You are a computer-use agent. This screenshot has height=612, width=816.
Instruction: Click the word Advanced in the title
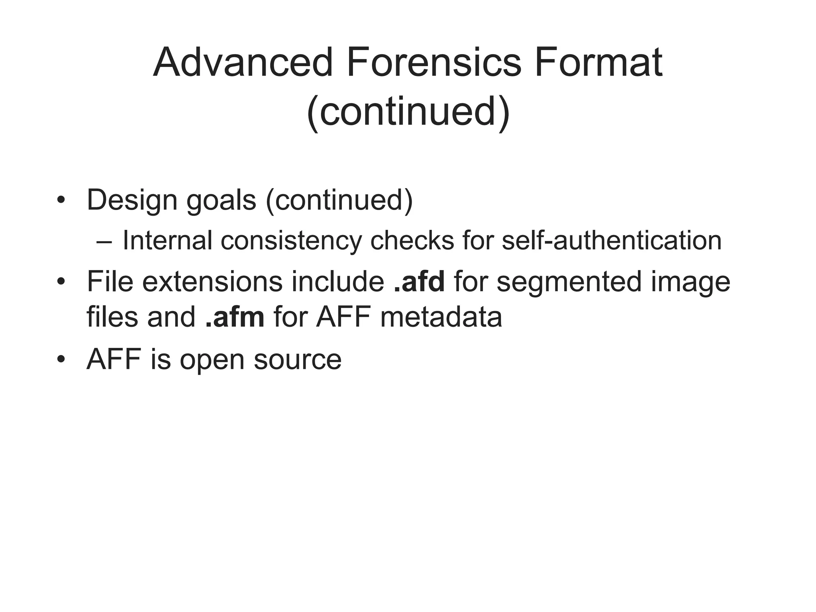click(243, 63)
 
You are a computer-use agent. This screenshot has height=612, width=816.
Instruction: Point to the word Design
click(132, 200)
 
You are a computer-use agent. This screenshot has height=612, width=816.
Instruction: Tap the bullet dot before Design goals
click(61, 200)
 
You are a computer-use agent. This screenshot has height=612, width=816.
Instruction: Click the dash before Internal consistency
click(104, 241)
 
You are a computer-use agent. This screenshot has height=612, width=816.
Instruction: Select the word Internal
click(167, 241)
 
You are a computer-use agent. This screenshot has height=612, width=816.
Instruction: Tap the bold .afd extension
click(419, 281)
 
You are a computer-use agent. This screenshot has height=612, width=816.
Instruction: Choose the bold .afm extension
click(235, 317)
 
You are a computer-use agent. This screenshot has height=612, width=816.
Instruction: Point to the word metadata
click(441, 317)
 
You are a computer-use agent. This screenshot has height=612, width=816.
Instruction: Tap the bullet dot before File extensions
click(61, 282)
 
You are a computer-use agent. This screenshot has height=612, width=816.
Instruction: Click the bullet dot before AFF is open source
click(61, 359)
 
